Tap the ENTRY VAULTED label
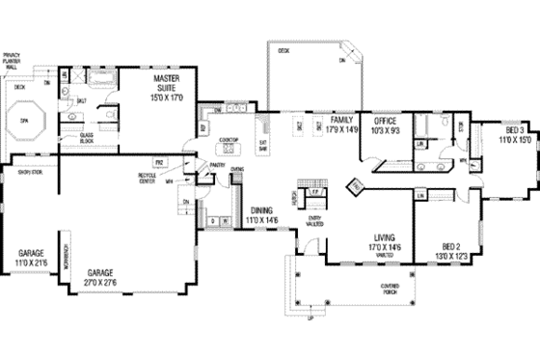tap(314, 221)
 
